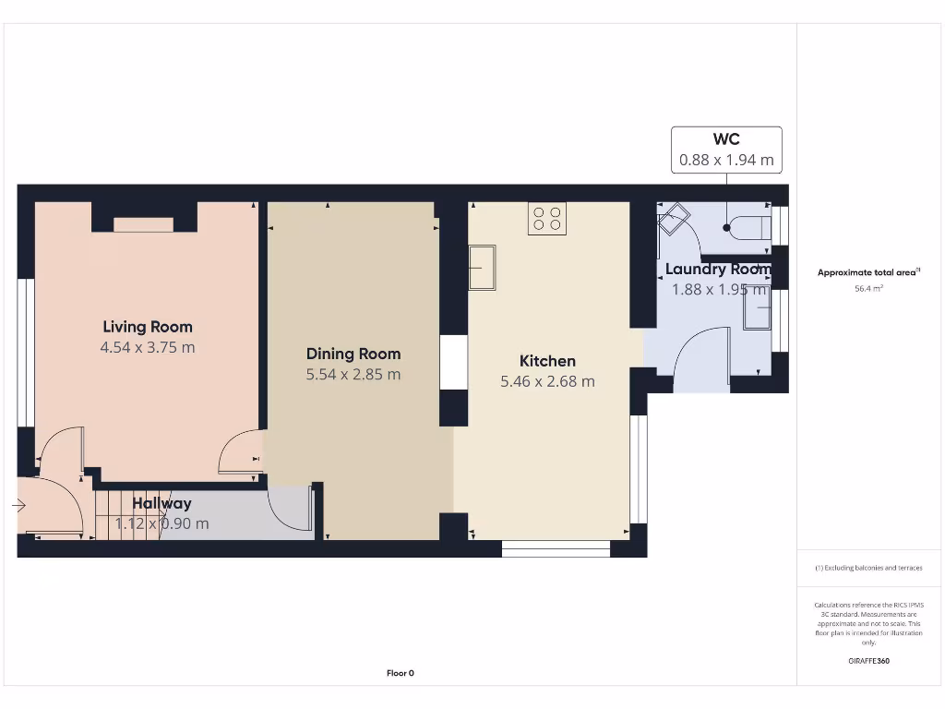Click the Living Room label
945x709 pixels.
click(148, 326)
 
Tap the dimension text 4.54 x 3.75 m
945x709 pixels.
click(148, 348)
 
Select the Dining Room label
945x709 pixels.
click(353, 354)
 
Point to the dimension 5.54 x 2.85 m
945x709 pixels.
click(353, 375)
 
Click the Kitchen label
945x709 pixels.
click(547, 361)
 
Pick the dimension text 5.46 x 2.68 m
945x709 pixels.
click(547, 381)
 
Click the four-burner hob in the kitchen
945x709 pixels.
click(546, 219)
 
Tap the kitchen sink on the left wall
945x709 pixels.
click(482, 267)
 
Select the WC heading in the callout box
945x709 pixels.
click(726, 139)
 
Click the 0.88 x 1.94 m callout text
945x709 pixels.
click(726, 160)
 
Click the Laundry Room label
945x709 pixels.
click(718, 270)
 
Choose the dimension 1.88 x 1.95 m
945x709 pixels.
click(718, 290)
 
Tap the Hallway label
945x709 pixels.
click(161, 503)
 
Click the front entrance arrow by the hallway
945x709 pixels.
click(18, 505)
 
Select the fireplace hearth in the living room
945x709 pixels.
click(143, 224)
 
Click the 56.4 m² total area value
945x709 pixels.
click(868, 289)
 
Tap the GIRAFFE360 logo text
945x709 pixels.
click(868, 661)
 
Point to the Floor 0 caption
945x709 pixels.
click(400, 673)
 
